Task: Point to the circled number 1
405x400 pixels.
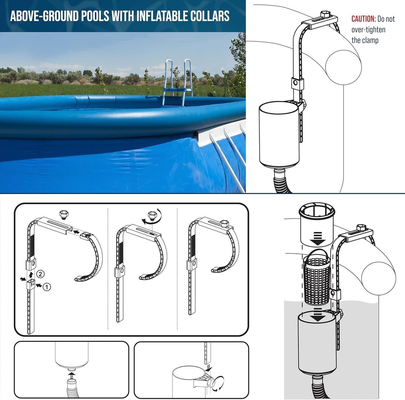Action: pos(47,287)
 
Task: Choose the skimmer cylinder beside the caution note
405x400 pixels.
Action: pos(279,134)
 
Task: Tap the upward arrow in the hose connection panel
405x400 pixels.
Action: pos(71,370)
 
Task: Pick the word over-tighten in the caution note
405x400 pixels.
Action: pos(369,30)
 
